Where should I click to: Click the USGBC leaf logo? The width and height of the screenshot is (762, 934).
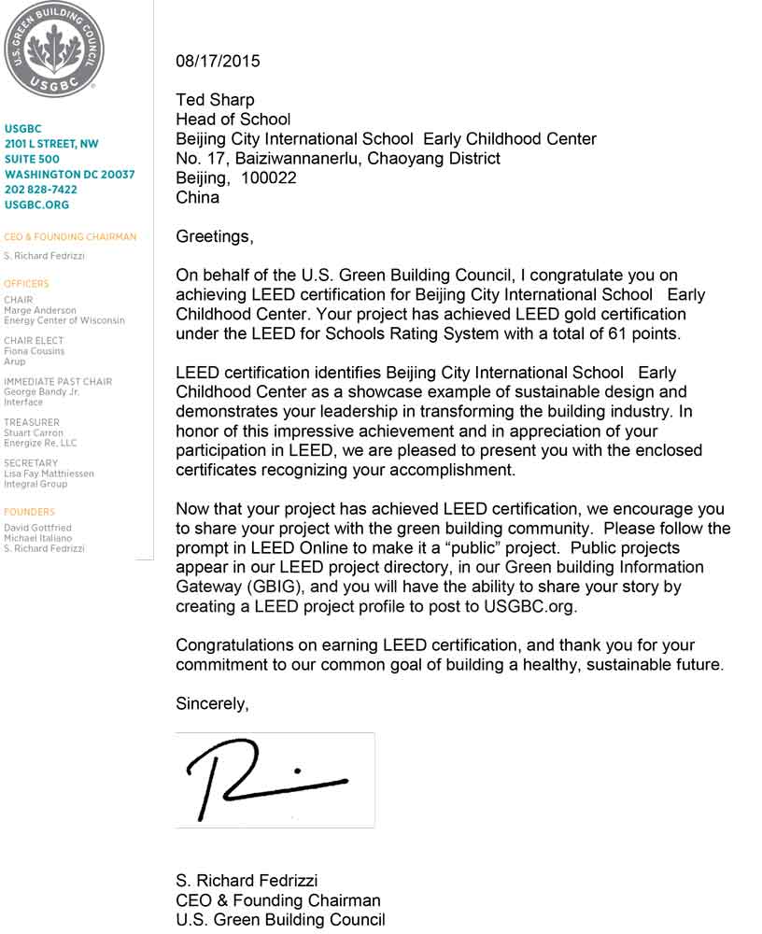click(x=54, y=47)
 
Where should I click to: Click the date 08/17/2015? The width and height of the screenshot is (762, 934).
click(x=218, y=62)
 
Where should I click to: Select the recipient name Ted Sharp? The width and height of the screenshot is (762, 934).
click(x=215, y=100)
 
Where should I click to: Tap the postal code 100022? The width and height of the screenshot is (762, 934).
click(x=269, y=177)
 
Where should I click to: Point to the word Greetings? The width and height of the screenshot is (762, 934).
click(x=214, y=236)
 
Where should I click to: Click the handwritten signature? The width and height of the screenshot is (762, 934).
click(x=269, y=778)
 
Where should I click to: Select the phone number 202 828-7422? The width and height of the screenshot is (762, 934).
click(x=41, y=190)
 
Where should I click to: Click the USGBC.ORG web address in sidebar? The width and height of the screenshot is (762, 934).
click(x=36, y=205)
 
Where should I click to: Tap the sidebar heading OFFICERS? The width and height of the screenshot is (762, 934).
click(x=26, y=283)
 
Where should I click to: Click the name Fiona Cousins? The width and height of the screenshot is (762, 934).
click(x=35, y=351)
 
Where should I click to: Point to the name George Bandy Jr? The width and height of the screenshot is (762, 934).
click(x=41, y=392)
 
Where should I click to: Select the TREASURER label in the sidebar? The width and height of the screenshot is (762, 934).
click(x=31, y=422)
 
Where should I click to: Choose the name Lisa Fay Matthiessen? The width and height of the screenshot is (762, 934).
click(x=49, y=474)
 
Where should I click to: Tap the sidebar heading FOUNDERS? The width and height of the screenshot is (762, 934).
click(x=29, y=512)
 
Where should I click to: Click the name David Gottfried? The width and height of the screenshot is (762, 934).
click(x=37, y=528)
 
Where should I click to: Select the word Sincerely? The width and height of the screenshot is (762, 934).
click(x=212, y=704)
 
